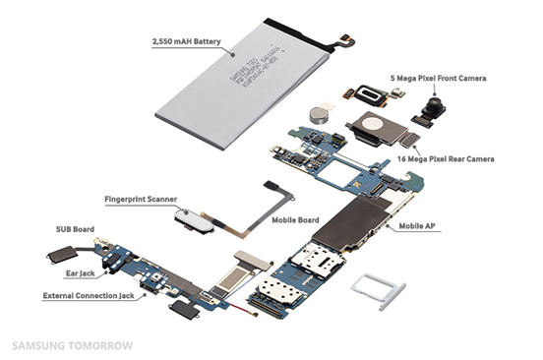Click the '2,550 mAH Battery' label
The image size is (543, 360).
[x=186, y=43]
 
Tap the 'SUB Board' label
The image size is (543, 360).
[x=77, y=229]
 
